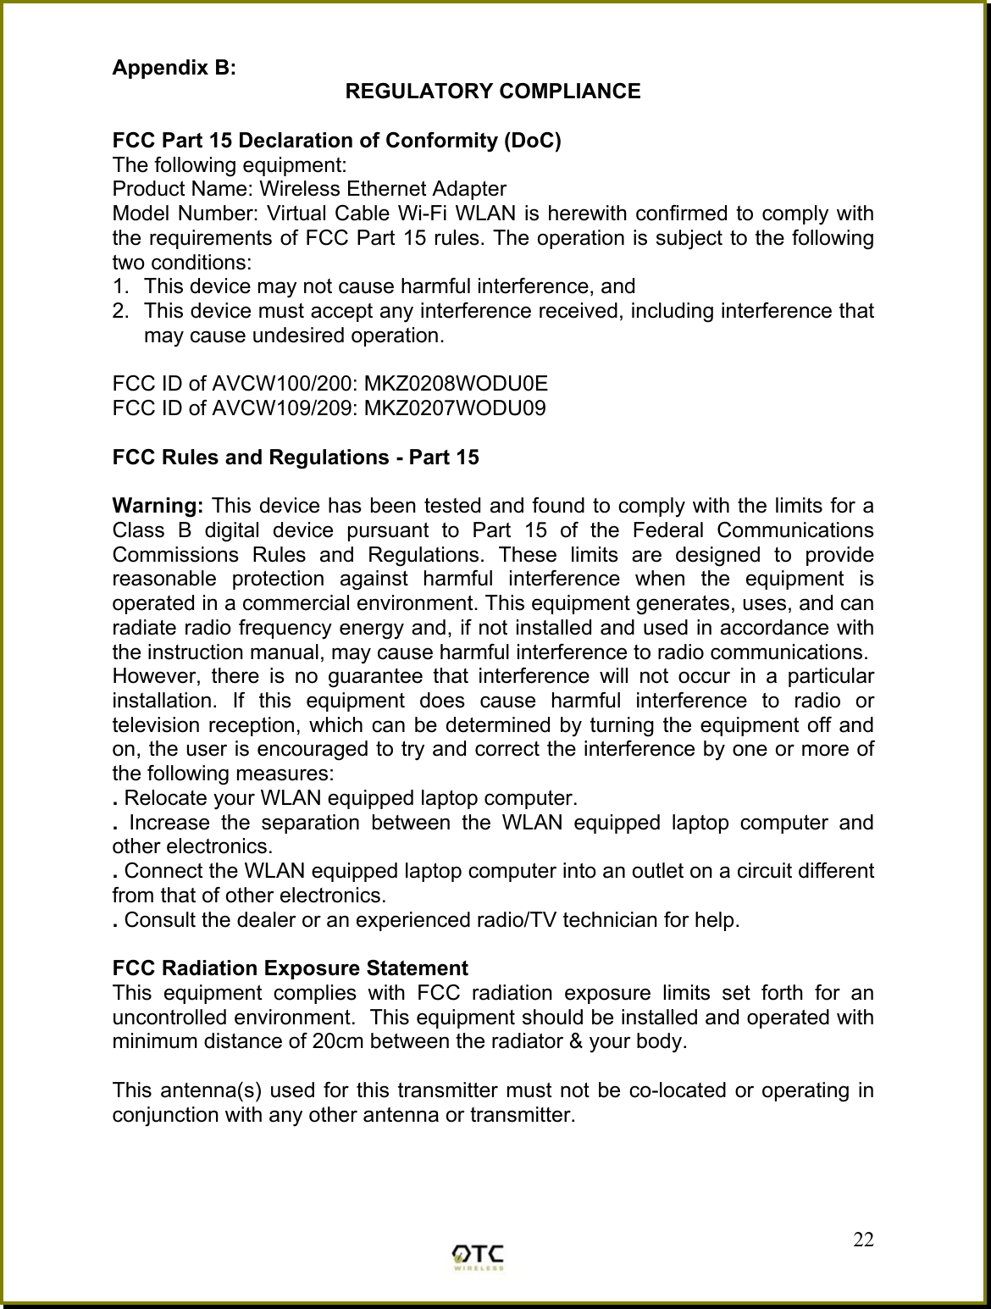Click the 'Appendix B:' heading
[174, 68]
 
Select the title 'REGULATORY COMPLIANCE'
[494, 92]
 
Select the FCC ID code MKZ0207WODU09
[454, 408]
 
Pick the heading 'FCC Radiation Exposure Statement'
[291, 968]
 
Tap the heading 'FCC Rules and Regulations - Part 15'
[296, 458]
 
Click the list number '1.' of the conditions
[121, 286]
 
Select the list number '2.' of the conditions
[121, 311]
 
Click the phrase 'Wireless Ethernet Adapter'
[383, 189]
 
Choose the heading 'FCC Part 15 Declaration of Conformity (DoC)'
[336, 140]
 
